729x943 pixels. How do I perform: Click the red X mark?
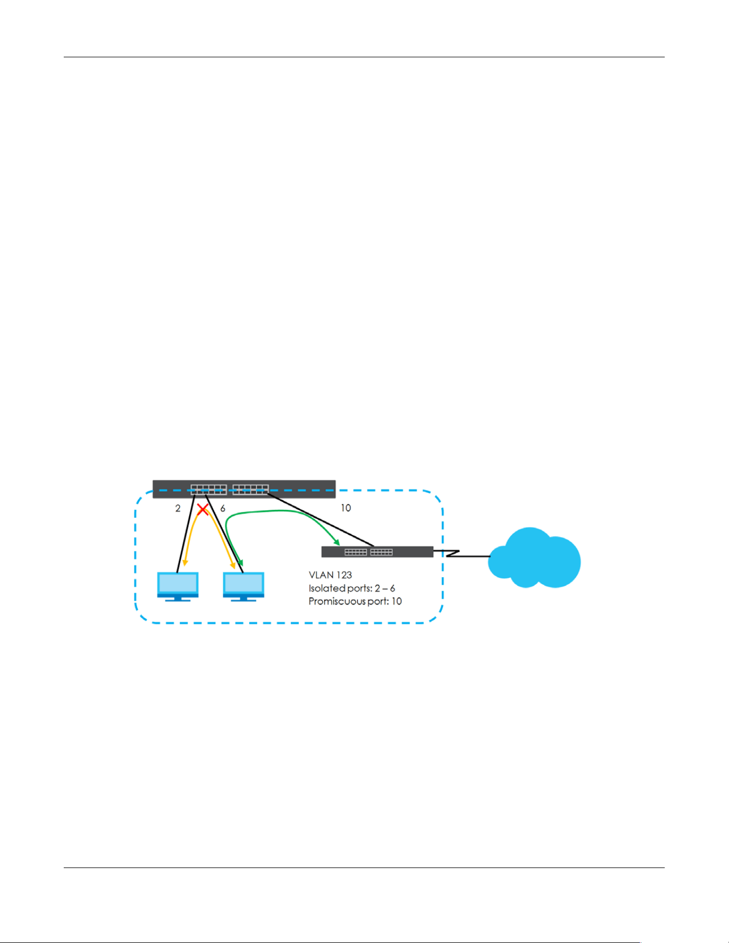coord(202,510)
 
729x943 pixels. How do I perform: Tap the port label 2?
coord(178,508)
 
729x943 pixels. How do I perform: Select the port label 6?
coord(223,508)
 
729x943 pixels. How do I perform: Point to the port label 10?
coord(346,508)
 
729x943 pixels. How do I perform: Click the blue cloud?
coord(535,557)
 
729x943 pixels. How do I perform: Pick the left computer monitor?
coord(178,586)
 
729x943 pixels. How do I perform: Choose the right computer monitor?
coord(244,586)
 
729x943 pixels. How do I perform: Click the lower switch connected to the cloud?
coord(377,552)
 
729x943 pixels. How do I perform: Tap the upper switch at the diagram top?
coord(244,489)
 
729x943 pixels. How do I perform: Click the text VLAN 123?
coord(330,575)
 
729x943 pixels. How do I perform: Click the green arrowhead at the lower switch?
coord(336,542)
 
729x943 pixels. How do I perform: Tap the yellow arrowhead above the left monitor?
coord(185,562)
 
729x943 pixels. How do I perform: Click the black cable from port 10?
coord(320,519)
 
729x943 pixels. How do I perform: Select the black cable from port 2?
coord(186,533)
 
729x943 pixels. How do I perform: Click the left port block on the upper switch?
coord(208,489)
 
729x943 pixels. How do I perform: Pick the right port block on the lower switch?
coord(381,552)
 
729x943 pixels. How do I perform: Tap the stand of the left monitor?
coord(178,599)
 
